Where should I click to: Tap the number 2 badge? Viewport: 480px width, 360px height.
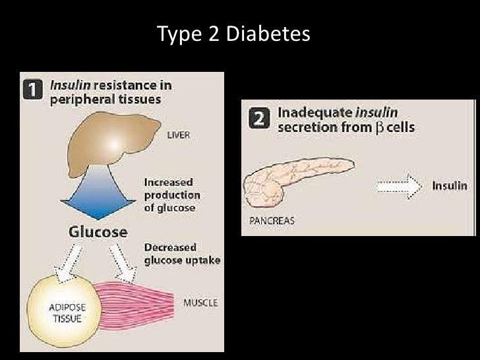[x=259, y=119]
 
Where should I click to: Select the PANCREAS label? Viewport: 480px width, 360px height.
[x=272, y=222]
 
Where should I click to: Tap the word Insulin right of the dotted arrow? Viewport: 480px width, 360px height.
[x=450, y=186]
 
